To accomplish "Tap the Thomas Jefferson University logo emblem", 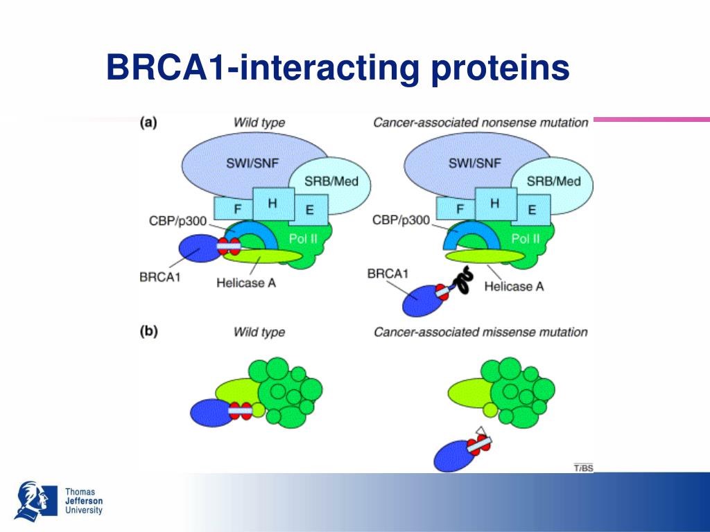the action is point(35,500).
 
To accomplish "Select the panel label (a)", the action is point(149,123).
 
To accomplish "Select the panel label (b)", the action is point(149,331).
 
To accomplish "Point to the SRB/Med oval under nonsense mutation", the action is point(553,181).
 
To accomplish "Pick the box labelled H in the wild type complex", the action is point(273,203).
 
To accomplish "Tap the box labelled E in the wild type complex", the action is point(309,209).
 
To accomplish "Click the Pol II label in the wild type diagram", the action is point(303,239).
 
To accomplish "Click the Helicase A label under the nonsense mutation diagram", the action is point(513,285).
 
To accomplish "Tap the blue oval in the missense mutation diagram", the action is point(454,455).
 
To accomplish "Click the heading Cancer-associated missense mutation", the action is point(480,332).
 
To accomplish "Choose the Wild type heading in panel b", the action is point(259,332).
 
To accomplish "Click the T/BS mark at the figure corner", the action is point(583,468).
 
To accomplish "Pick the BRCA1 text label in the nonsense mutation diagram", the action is point(387,274).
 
